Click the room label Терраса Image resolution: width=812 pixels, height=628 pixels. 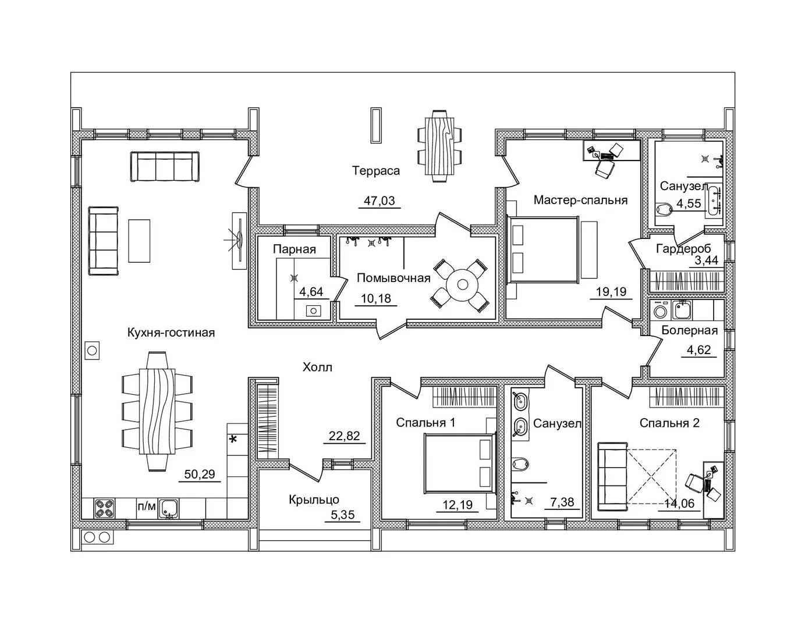375,171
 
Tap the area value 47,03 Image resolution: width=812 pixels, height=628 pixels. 380,201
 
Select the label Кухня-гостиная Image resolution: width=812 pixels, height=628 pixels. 171,333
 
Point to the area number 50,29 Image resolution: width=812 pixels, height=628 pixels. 200,474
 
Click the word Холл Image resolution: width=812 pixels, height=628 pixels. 317,367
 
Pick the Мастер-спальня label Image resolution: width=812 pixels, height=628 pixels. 580,200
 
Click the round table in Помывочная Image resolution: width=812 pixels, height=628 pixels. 463,285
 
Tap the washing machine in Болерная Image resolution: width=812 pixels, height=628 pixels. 660,311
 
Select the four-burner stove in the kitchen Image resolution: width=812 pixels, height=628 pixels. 104,508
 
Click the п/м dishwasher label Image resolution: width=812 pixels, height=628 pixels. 147,506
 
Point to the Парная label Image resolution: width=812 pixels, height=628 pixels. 295,249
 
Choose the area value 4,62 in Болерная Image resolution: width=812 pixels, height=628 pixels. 698,350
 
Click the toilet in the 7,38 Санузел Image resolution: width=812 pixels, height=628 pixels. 520,464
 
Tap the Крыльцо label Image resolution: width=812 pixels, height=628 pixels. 314,499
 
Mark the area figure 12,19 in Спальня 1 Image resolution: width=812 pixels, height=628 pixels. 458,505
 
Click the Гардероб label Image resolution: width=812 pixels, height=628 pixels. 683,248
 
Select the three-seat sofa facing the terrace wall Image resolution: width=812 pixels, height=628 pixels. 165,166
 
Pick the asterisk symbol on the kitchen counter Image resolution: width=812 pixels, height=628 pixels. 233,440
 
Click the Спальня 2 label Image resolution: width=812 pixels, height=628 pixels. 669,423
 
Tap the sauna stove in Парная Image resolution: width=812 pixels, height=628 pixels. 313,311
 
